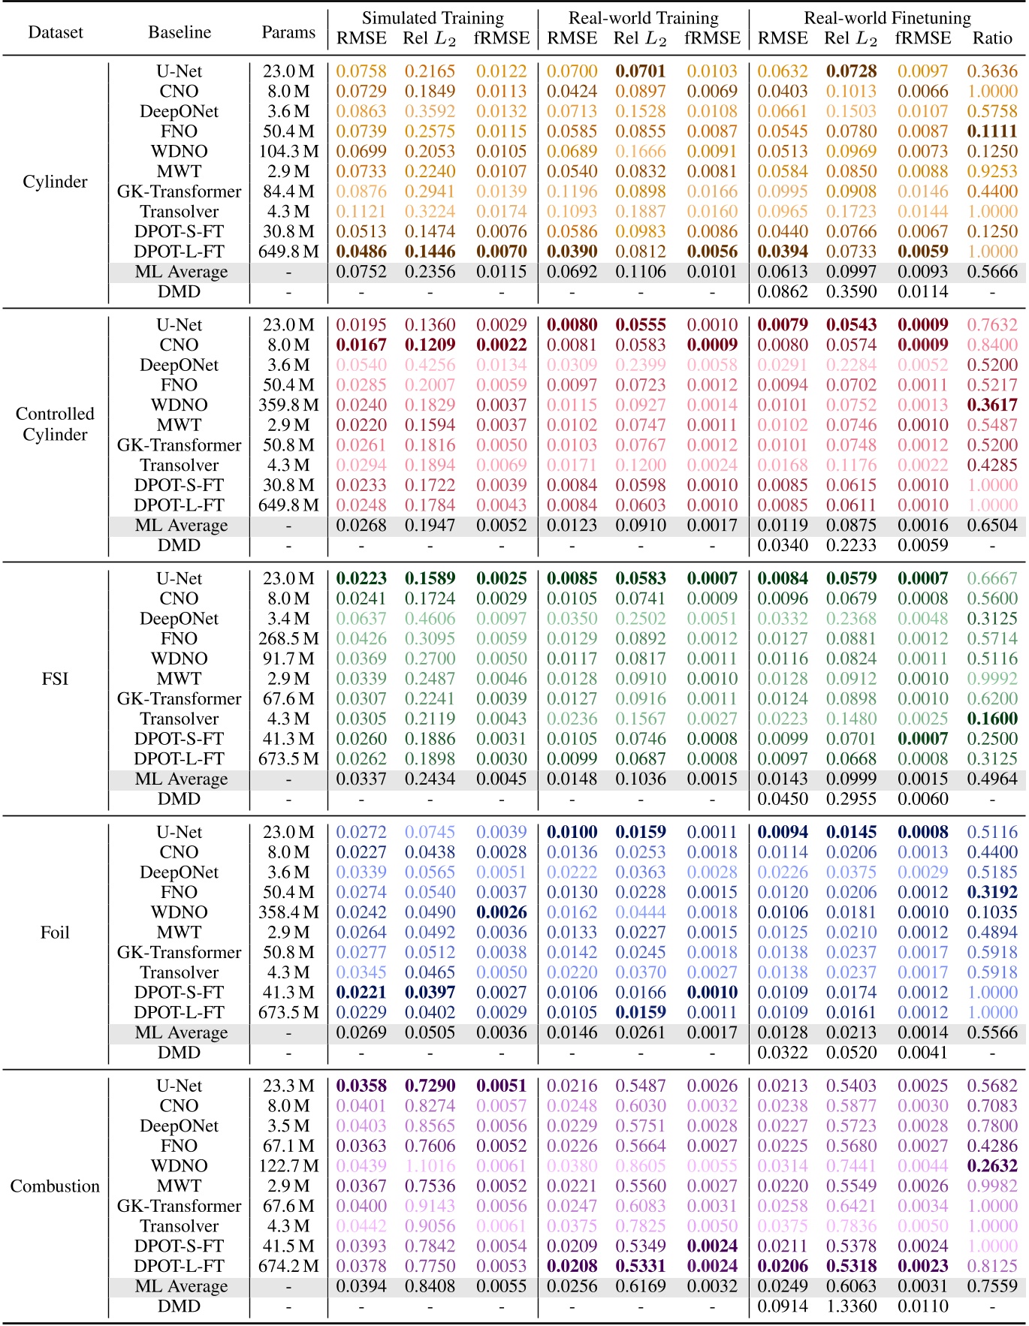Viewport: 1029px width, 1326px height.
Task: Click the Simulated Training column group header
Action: coord(433,17)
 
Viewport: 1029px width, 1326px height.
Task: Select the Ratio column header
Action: coord(992,38)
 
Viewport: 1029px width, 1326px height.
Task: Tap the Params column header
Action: coord(288,32)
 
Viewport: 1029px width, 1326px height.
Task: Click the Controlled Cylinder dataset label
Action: coord(55,424)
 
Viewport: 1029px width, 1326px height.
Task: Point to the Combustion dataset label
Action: coord(55,1186)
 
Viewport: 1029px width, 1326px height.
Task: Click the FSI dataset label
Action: coord(55,679)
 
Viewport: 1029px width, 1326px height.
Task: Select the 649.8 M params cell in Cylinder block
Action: coord(288,252)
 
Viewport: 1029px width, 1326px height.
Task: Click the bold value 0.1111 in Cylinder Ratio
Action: coord(992,131)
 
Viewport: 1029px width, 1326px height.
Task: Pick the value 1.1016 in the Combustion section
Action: coord(430,1166)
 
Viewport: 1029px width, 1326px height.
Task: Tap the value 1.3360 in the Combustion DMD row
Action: coord(851,1306)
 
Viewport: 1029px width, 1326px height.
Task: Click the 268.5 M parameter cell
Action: coord(288,639)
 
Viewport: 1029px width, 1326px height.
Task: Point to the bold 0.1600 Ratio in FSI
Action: coord(992,719)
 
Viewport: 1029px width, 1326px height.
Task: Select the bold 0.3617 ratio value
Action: coord(992,405)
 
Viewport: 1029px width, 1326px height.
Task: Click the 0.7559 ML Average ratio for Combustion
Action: coord(992,1286)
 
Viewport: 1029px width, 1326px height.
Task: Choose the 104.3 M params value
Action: coord(288,152)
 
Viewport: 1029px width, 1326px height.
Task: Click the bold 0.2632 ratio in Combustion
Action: coord(992,1166)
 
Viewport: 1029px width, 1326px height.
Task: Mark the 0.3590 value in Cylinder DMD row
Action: coord(851,292)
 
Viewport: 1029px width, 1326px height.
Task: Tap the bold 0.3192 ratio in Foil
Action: coord(992,893)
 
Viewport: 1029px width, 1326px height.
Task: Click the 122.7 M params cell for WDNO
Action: coord(288,1166)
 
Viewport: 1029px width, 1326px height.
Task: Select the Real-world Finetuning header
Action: coord(887,17)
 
